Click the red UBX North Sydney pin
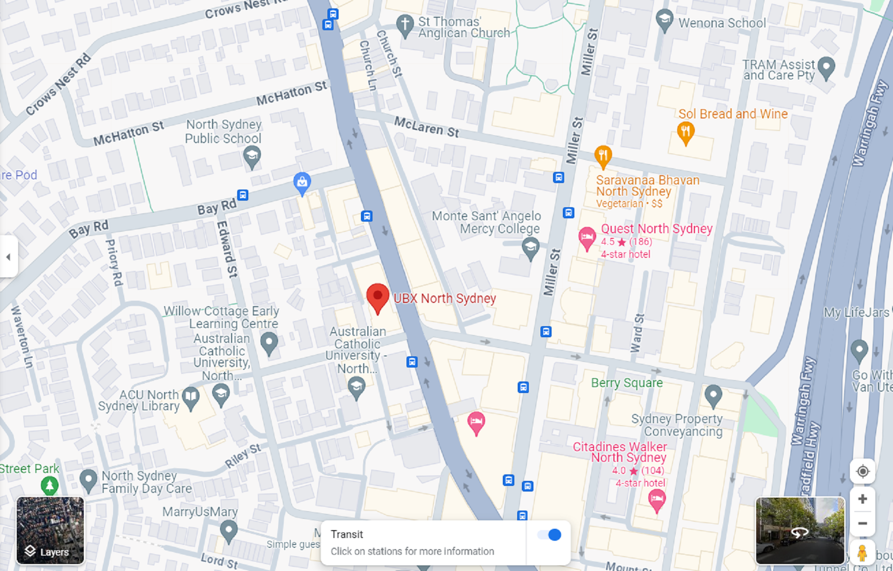(x=378, y=297)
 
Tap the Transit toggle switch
(x=549, y=535)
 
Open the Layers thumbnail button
(x=50, y=530)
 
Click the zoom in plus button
(x=862, y=499)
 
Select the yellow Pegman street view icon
(x=862, y=553)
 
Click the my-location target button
(x=862, y=472)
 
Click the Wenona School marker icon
(x=664, y=20)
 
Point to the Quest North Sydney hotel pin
(x=587, y=237)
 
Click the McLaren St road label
(x=427, y=126)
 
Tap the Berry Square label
(x=626, y=383)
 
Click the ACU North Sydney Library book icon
(x=191, y=397)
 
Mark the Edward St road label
(x=227, y=249)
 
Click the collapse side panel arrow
(x=8, y=256)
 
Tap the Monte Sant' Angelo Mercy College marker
(x=530, y=247)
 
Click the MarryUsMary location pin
(x=228, y=530)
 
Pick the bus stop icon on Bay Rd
(x=243, y=195)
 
